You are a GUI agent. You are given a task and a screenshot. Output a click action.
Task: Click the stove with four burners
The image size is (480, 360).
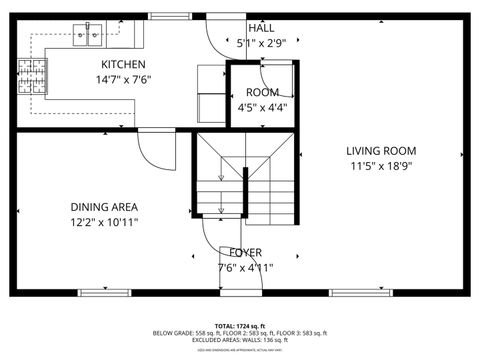pos(32,76)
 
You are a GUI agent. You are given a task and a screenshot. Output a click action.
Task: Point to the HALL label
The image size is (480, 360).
pos(261,28)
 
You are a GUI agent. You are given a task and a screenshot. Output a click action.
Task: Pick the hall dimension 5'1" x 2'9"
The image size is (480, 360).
pos(261,43)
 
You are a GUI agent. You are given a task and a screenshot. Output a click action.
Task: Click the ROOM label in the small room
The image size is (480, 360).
pos(262,92)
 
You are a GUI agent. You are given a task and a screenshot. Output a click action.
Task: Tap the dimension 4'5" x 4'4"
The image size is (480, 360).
pos(262,107)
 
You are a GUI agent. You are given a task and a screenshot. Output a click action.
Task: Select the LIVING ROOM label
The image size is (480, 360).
pos(380,151)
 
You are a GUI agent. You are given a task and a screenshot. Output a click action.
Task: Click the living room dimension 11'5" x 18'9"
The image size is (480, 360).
pos(380,166)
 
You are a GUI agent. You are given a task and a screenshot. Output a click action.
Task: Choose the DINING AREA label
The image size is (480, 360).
pos(104,207)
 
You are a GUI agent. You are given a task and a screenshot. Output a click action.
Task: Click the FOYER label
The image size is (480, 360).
pos(246,252)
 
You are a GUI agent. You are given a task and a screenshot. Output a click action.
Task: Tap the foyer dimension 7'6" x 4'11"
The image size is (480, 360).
pos(246,267)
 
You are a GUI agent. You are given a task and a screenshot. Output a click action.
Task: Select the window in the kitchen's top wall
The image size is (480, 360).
pos(168,16)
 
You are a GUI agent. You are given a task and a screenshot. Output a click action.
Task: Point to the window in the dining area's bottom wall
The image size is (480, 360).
pos(104,292)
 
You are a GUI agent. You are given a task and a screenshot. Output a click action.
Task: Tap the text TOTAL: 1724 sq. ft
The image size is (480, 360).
pos(239,326)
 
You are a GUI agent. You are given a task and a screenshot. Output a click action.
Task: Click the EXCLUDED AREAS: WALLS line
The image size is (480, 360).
pos(239,341)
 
